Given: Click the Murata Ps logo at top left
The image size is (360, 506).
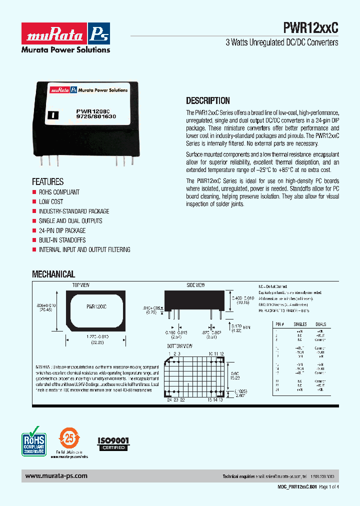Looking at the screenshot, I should [x=65, y=33].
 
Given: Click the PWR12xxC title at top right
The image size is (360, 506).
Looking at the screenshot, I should [x=310, y=28].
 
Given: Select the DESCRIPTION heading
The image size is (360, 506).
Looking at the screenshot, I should [x=208, y=100].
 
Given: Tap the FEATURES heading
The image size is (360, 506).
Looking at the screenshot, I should [x=48, y=182].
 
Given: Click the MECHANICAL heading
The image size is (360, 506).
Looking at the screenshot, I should [x=53, y=274].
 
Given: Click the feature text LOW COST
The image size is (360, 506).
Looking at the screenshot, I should [x=51, y=201].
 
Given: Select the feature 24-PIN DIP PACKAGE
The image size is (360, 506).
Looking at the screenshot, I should [x=62, y=230].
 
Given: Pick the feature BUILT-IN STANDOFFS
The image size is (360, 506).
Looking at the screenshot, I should [x=62, y=240].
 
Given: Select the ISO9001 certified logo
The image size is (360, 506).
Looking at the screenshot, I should [x=113, y=443].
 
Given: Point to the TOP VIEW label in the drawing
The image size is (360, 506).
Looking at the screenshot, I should [x=80, y=285].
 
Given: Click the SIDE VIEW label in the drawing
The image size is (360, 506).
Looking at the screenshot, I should [x=195, y=285].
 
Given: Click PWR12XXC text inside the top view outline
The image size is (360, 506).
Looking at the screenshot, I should [x=96, y=305].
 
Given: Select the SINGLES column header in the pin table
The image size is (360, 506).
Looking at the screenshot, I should [x=300, y=324].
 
